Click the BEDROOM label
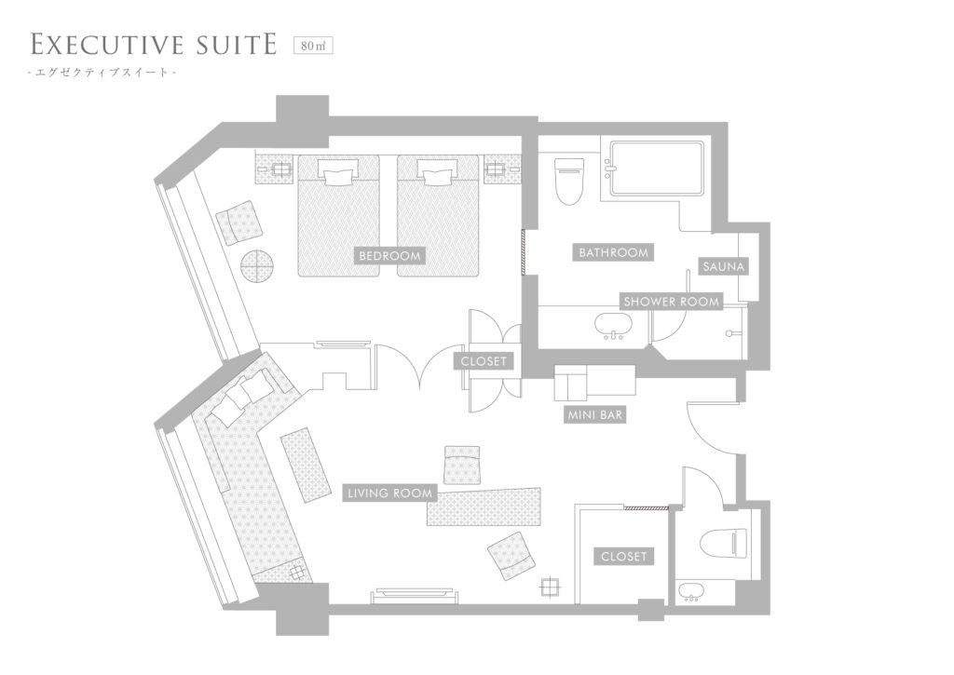point(389,256)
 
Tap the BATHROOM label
point(613,252)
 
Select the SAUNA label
point(723,266)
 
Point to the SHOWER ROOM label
point(671,302)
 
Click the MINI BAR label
point(594,415)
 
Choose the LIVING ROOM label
point(390,493)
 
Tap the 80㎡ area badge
point(313,46)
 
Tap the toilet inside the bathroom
point(569,180)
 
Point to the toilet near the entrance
point(722,543)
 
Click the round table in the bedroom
point(258,265)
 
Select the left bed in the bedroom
point(338,216)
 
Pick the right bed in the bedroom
point(438,216)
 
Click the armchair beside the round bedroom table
point(241,223)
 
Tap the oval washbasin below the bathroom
point(610,325)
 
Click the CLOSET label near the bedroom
point(484,361)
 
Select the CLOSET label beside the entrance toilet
point(623,557)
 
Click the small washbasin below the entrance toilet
point(690,591)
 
